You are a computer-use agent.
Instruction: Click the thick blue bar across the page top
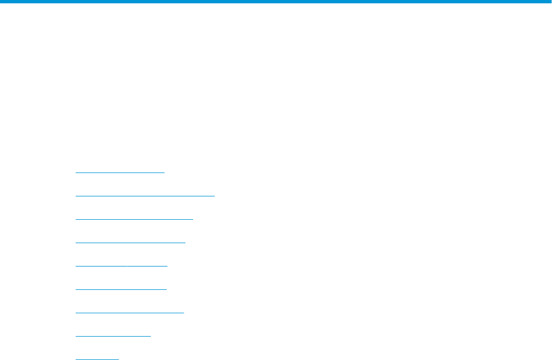pyautogui.click(x=276, y=2)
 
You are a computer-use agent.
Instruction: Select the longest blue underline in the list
pyautogui.click(x=145, y=196)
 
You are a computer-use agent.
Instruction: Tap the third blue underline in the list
pyautogui.click(x=134, y=219)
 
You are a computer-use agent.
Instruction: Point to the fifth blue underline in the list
pyautogui.click(x=121, y=266)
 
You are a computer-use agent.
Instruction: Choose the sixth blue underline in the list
pyautogui.click(x=121, y=289)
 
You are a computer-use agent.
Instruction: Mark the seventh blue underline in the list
pyautogui.click(x=129, y=313)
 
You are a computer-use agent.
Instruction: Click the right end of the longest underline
pyautogui.click(x=214, y=196)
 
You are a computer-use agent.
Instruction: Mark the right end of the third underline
pyautogui.click(x=193, y=219)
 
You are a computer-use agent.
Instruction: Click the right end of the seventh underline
pyautogui.click(x=183, y=313)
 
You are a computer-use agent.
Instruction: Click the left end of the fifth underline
pyautogui.click(x=76, y=266)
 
